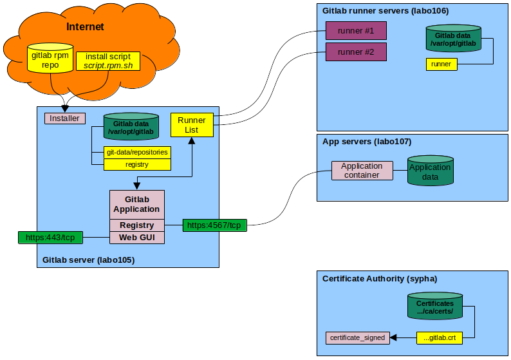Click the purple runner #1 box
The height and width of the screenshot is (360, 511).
[356, 30]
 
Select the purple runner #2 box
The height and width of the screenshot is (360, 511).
[356, 52]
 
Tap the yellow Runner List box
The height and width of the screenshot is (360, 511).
[192, 125]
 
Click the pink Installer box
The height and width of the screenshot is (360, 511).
[65, 118]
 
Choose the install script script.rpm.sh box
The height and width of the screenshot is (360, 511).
[108, 61]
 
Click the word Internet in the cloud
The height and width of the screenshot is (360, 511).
[85, 27]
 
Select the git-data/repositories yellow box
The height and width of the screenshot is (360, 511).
[138, 153]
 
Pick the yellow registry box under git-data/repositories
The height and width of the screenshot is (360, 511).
[137, 164]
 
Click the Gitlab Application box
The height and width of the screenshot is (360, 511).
[136, 204]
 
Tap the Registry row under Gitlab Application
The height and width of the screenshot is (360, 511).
[136, 225]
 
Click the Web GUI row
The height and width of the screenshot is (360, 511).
[136, 238]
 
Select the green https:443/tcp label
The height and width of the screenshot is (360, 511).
[50, 238]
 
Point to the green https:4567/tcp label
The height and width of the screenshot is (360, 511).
[214, 225]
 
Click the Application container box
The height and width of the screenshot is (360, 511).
[362, 171]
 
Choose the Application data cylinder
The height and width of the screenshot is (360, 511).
[430, 171]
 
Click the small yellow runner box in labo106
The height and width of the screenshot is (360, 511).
[441, 64]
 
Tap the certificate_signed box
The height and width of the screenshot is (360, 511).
[357, 337]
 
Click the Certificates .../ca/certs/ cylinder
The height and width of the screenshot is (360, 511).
[435, 307]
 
